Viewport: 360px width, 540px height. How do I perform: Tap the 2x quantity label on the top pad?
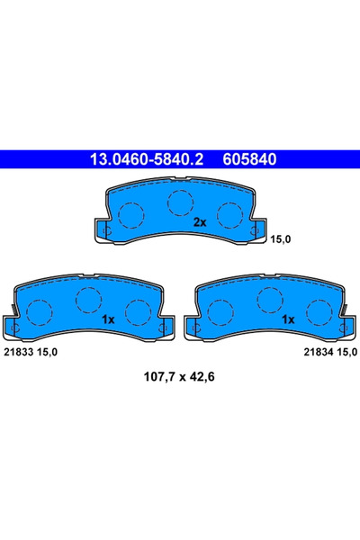click(200, 221)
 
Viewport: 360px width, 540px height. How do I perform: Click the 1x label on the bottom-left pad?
click(108, 319)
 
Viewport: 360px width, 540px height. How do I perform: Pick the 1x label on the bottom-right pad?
click(289, 319)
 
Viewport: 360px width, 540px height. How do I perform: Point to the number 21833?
click(19, 351)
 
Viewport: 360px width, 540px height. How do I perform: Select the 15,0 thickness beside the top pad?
click(281, 238)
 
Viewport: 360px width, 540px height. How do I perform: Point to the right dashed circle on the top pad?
click(230, 214)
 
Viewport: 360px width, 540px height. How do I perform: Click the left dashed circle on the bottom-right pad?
click(221, 313)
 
